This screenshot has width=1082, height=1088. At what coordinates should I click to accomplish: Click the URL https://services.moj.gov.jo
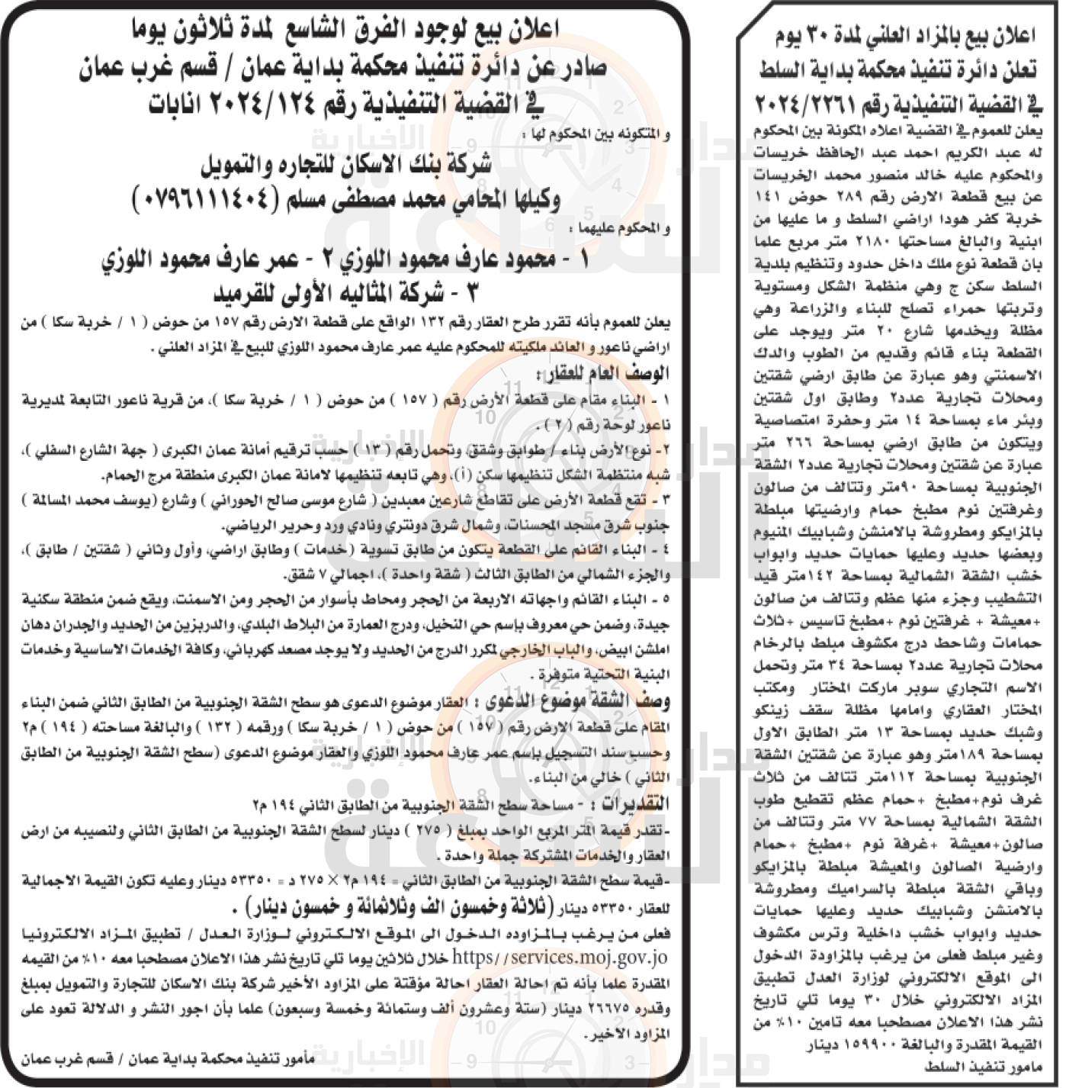click(x=560, y=958)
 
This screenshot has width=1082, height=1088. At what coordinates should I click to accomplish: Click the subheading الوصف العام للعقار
click(x=603, y=374)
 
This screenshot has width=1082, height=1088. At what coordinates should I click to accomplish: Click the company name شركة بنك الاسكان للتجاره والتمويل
click(x=346, y=166)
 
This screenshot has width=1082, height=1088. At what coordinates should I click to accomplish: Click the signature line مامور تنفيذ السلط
click(x=983, y=1067)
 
